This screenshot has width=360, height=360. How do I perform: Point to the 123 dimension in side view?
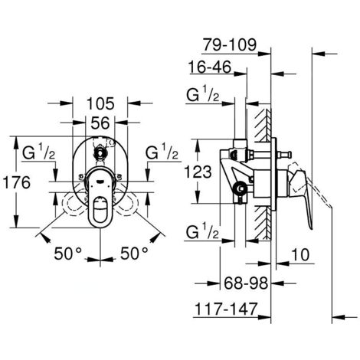click(207, 172)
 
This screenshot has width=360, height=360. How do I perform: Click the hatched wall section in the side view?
click(265, 176)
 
